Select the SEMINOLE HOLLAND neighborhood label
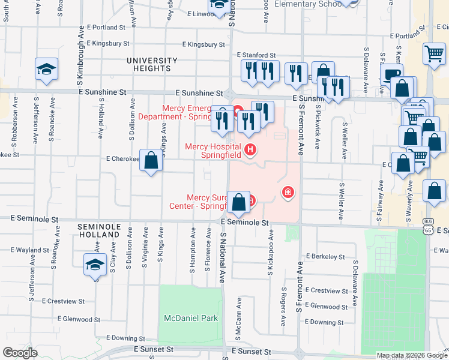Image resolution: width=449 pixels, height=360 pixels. tap(100, 231)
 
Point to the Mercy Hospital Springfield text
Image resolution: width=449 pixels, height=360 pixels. tap(212, 151)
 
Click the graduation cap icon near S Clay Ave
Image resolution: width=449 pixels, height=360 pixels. tap(95, 265)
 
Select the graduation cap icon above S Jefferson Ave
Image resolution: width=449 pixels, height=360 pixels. tap(46, 69)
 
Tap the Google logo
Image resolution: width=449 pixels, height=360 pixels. tap(20, 353)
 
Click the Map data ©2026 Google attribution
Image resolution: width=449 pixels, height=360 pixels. tap(411, 355)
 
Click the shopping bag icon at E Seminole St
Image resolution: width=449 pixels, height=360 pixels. tap(239, 202)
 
